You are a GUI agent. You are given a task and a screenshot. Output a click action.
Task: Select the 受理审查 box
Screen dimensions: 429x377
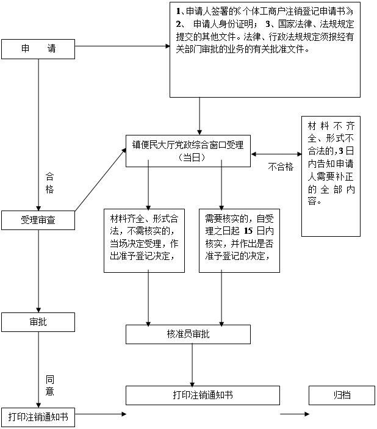click(38, 220)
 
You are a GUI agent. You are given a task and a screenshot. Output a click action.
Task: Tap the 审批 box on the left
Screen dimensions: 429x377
click(38, 322)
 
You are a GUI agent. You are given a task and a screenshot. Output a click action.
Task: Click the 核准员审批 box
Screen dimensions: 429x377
click(188, 334)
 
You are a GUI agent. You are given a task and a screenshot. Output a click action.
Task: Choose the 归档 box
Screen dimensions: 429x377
click(342, 395)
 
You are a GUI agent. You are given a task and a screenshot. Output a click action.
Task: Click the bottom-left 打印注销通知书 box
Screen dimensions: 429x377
click(38, 417)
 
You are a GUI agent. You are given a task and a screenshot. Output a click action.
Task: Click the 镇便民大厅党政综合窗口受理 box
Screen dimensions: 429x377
click(188, 151)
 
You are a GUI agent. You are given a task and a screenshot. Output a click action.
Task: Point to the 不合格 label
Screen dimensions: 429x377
click(281, 166)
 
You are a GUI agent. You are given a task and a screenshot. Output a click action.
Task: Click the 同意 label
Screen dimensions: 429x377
click(50, 384)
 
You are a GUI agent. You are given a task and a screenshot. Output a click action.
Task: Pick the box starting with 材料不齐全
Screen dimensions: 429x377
click(331, 176)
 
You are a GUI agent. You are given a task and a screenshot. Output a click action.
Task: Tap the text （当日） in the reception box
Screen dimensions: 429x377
click(188, 157)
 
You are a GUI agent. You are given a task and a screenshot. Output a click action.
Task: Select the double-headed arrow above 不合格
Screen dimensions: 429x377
click(276, 153)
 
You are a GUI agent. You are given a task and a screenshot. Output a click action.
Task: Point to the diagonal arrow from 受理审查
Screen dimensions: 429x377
click(100, 181)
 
